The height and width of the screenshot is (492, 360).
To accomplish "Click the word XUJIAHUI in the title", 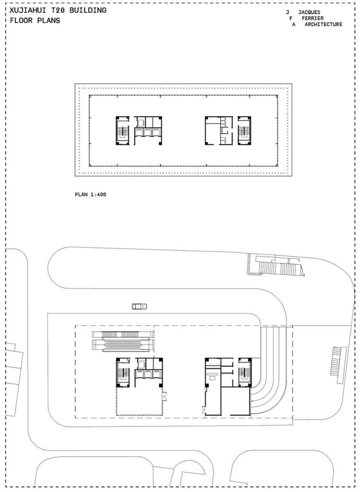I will pyautogui.click(x=27, y=10).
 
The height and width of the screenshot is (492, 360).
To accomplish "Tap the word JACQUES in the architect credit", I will pyautogui.click(x=309, y=12).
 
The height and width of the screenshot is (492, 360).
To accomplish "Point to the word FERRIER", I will pyautogui.click(x=312, y=18).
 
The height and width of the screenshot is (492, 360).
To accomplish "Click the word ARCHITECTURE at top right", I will pyautogui.click(x=323, y=25).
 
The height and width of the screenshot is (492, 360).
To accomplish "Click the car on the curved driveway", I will pyautogui.click(x=139, y=306).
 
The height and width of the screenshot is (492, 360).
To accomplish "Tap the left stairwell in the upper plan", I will pyautogui.click(x=122, y=130).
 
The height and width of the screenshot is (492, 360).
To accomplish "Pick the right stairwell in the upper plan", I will pyautogui.click(x=245, y=130).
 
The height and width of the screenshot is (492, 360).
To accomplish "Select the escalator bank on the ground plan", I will pyautogui.click(x=123, y=340).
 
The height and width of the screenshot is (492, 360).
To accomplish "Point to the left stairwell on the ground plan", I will pyautogui.click(x=122, y=372).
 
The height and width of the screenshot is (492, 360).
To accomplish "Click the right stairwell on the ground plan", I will pyautogui.click(x=245, y=372).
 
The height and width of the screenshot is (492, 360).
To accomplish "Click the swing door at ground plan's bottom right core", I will pyautogui.click(x=205, y=410).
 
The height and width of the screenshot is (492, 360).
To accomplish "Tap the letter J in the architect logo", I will pyautogui.click(x=288, y=12).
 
